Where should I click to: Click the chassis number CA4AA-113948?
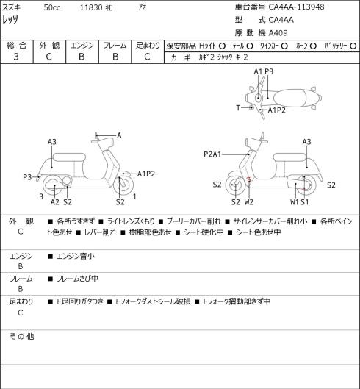(x=296, y=7)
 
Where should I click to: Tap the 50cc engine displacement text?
(x=52, y=7)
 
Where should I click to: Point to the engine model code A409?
(x=278, y=33)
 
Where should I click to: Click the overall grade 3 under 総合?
(x=16, y=57)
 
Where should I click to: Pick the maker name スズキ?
(x=12, y=7)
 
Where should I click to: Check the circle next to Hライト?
(x=222, y=46)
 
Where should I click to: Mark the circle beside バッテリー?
(x=353, y=46)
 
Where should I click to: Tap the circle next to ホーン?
(x=313, y=46)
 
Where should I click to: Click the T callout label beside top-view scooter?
(x=238, y=108)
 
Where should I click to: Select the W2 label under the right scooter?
(x=248, y=202)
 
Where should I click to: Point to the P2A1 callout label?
(x=212, y=154)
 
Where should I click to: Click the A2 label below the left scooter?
(x=55, y=202)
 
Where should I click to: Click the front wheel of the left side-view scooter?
(x=123, y=185)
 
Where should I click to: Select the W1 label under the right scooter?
(x=295, y=202)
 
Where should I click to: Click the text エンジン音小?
(x=76, y=257)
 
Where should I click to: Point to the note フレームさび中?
(x=77, y=279)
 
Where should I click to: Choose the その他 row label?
(x=21, y=336)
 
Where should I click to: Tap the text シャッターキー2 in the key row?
(x=233, y=57)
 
